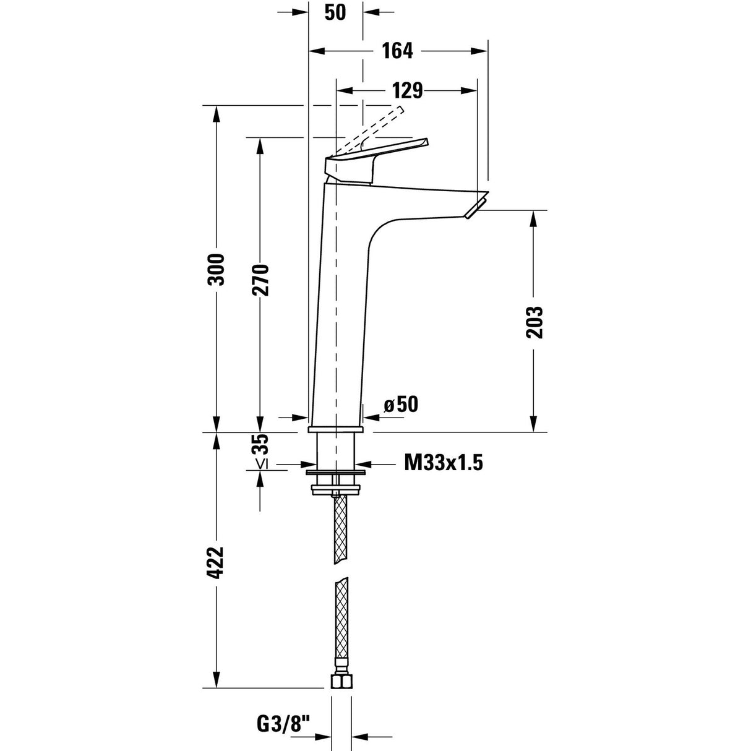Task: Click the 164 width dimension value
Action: [397, 51]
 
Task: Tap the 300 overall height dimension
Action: [216, 270]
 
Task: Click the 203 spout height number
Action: [534, 322]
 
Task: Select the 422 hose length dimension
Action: [216, 563]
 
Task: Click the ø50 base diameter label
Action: [401, 405]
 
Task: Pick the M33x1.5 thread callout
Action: [443, 462]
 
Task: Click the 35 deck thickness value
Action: [260, 445]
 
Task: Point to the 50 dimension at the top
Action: [335, 12]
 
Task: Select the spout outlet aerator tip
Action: [475, 207]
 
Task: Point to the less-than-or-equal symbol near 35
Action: [260, 464]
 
